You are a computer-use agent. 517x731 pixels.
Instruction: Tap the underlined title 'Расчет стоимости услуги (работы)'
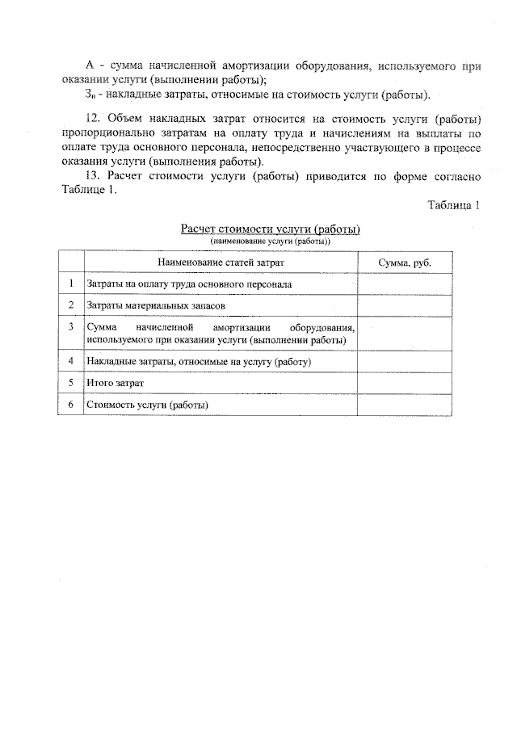pos(271,229)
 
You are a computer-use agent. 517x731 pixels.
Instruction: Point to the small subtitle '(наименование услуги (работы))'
pos(271,241)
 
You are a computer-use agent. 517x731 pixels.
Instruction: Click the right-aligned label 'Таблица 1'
pos(455,205)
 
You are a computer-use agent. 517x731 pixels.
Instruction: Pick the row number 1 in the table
pos(71,284)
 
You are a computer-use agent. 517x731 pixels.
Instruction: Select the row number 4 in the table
pos(71,361)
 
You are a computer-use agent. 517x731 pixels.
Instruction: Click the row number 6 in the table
pos(71,404)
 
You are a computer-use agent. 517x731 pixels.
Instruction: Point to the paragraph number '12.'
pos(95,119)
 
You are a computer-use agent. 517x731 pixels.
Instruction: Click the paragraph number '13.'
pos(95,176)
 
